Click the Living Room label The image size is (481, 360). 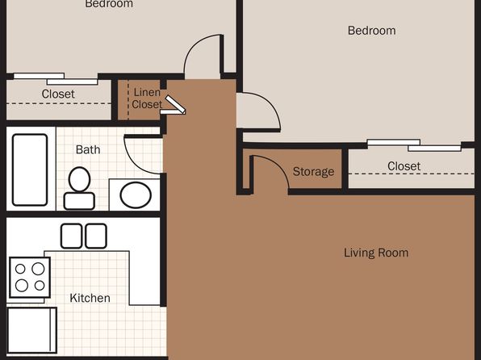click(x=376, y=253)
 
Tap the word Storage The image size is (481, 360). click(x=313, y=172)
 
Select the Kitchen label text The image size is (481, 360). click(x=90, y=298)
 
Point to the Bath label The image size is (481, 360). click(x=88, y=150)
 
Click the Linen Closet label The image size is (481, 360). click(x=147, y=98)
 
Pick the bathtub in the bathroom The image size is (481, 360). click(x=30, y=170)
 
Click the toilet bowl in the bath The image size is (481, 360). click(x=79, y=179)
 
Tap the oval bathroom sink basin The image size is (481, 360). click(x=136, y=195)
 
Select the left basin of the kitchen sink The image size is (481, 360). click(x=71, y=236)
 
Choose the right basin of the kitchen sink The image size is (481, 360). click(x=96, y=236)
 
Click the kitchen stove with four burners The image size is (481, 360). click(x=30, y=278)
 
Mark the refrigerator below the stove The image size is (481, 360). click(x=32, y=330)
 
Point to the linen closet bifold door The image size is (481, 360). click(x=174, y=106)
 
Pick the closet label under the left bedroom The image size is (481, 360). click(x=58, y=94)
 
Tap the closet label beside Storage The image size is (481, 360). click(x=404, y=166)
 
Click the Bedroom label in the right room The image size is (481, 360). click(x=372, y=31)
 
